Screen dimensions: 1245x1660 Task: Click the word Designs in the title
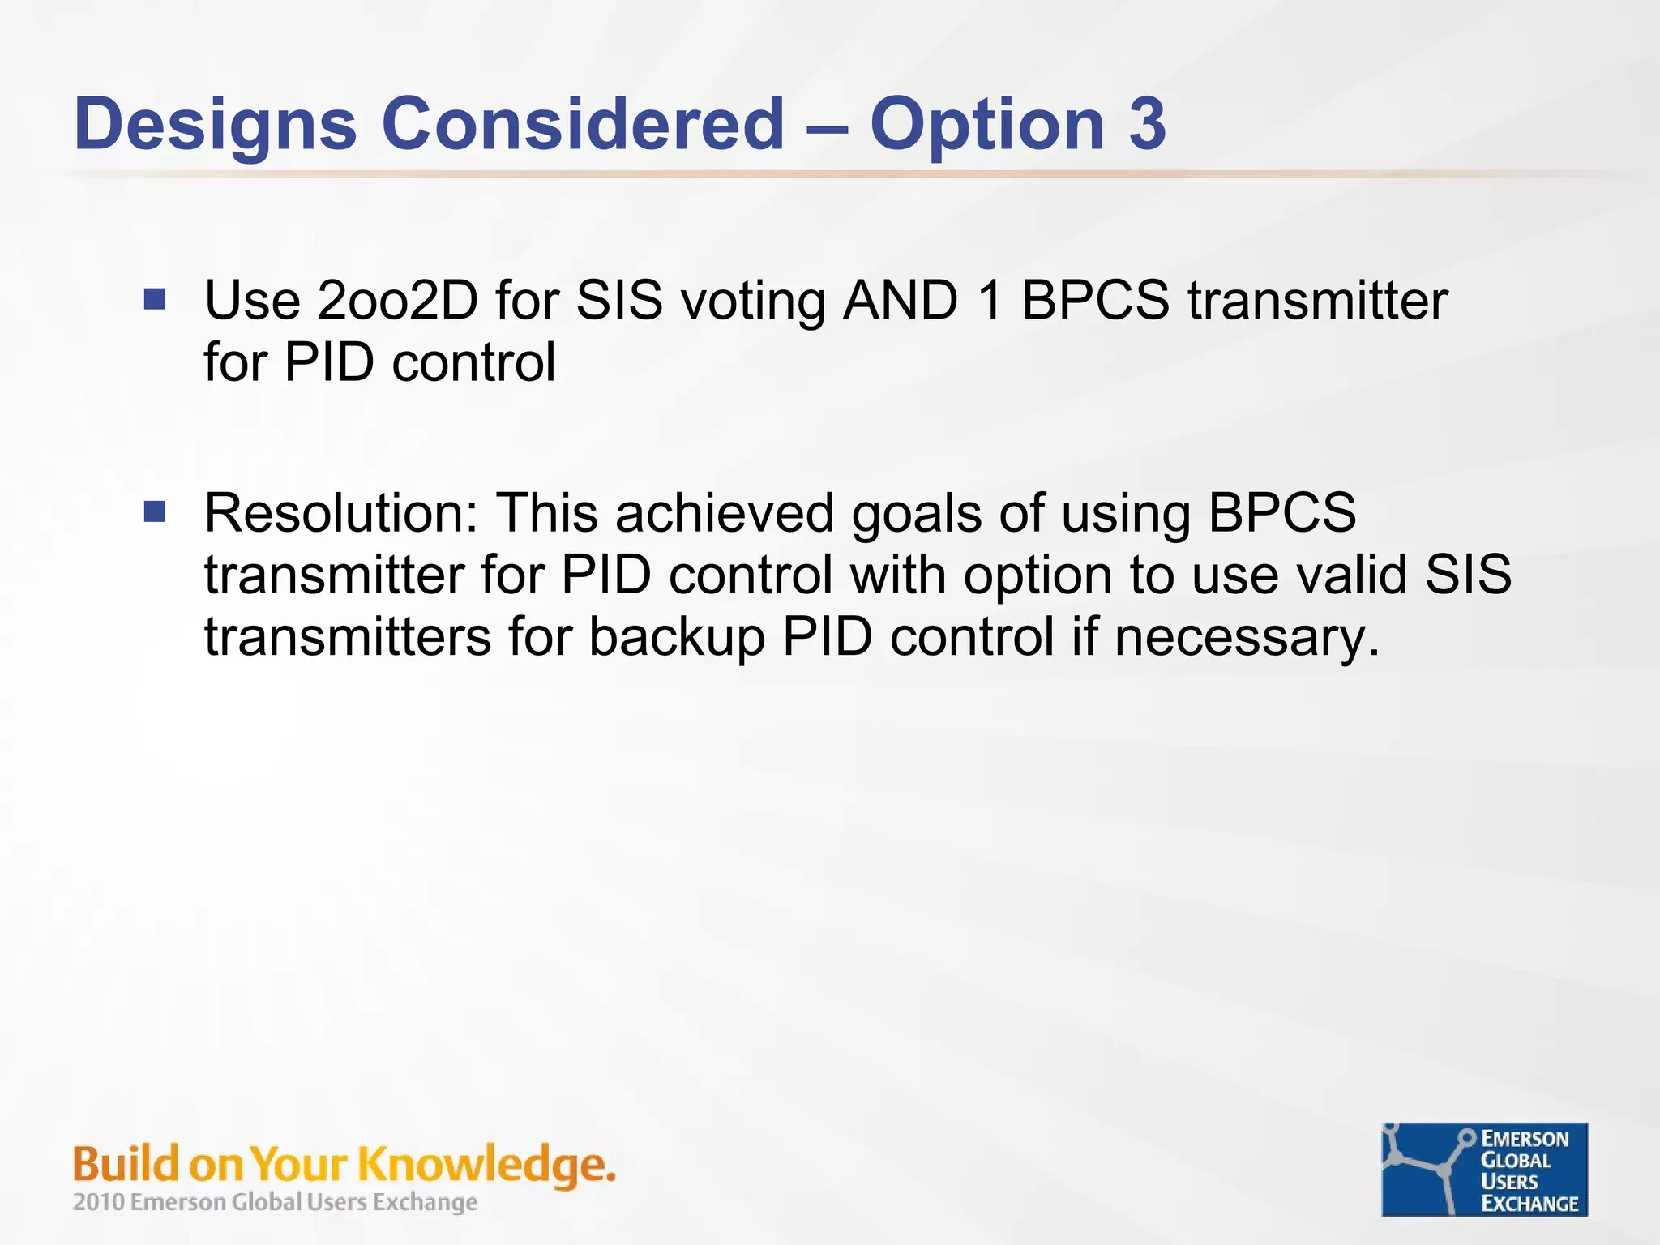(x=215, y=124)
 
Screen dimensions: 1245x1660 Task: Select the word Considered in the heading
(x=583, y=124)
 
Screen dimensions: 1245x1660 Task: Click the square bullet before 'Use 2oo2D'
(x=155, y=300)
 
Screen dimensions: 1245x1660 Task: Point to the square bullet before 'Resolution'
(x=155, y=512)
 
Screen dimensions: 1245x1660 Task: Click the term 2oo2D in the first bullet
(x=397, y=301)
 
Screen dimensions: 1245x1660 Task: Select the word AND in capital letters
(x=901, y=301)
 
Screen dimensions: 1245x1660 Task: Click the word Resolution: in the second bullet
(x=341, y=513)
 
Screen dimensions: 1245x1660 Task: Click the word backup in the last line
(x=677, y=638)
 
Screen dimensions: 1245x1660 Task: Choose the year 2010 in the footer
(x=98, y=1202)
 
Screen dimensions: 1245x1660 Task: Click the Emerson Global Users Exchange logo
(x=1484, y=1170)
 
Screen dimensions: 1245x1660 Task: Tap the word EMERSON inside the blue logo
(x=1525, y=1139)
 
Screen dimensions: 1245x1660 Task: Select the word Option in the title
(x=986, y=124)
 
